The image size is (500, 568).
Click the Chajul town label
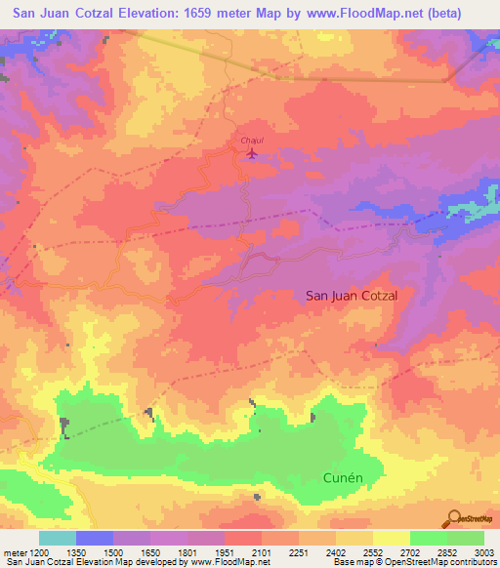pyautogui.click(x=252, y=141)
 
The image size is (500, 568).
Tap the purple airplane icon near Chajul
pyautogui.click(x=254, y=153)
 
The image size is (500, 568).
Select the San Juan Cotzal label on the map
pyautogui.click(x=353, y=294)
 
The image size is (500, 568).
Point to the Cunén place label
pyautogui.click(x=343, y=477)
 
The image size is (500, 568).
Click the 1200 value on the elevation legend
pyautogui.click(x=37, y=551)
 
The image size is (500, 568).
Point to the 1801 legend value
pyautogui.click(x=187, y=551)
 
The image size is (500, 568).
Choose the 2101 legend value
pyautogui.click(x=262, y=551)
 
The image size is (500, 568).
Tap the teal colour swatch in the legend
pyautogui.click(x=57, y=538)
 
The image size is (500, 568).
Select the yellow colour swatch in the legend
pyautogui.click(x=392, y=538)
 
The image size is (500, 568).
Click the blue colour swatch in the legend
pyautogui.click(x=95, y=538)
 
